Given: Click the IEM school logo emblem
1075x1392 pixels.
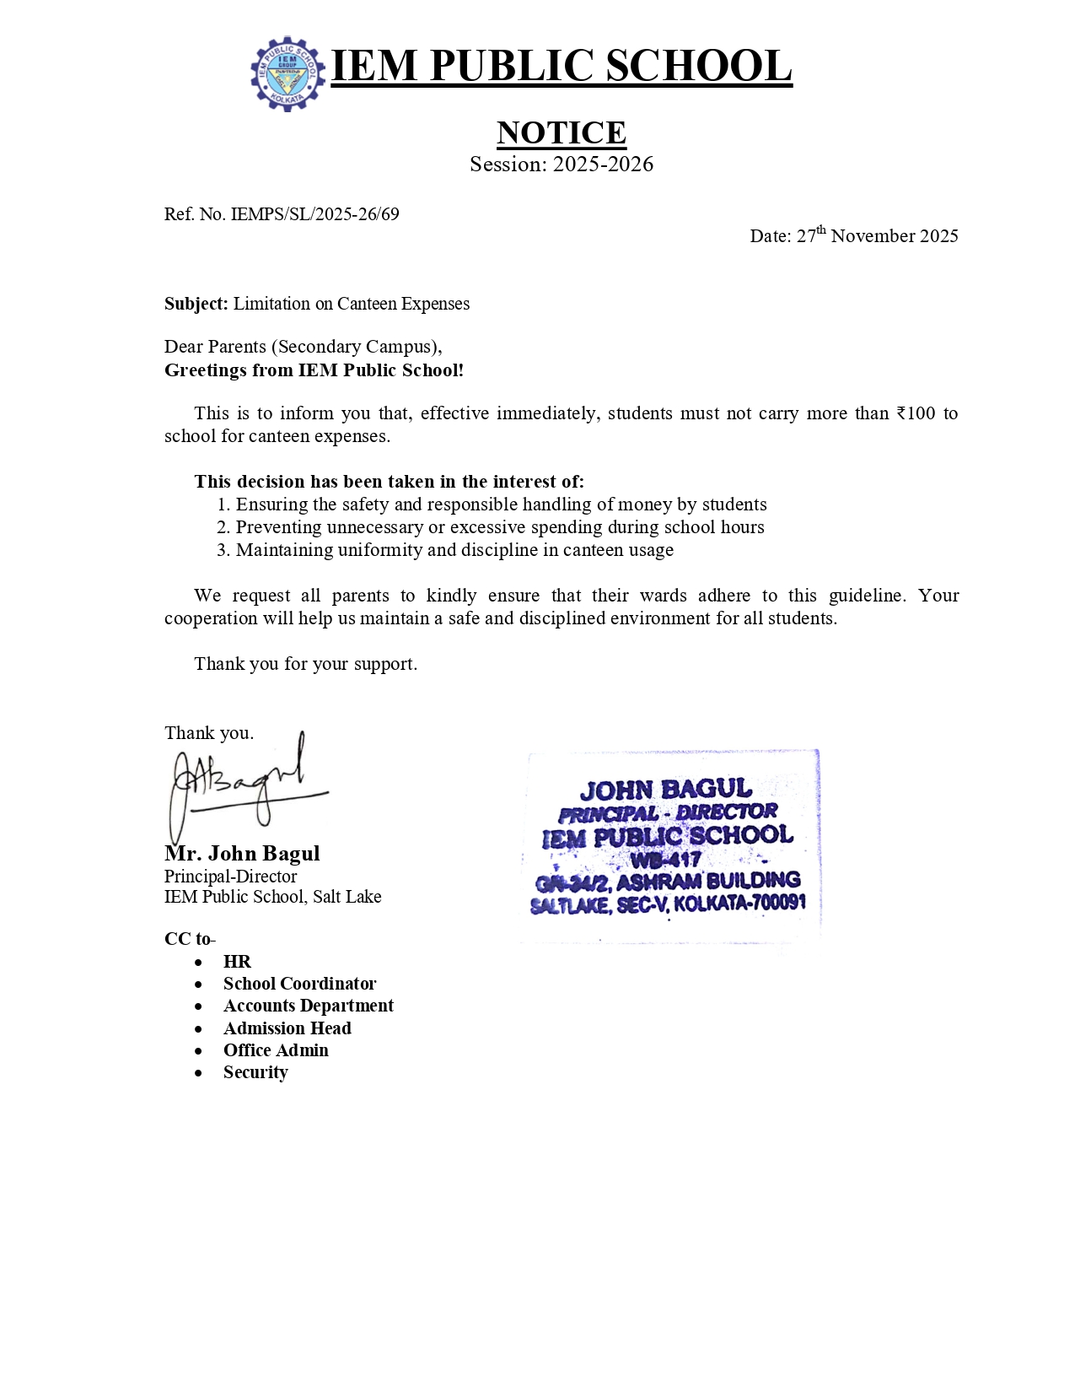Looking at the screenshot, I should click(288, 73).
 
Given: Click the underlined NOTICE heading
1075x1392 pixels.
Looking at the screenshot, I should click(561, 132).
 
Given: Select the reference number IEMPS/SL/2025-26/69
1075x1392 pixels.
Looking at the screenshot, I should click(314, 214).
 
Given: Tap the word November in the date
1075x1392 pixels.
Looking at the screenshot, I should click(873, 236).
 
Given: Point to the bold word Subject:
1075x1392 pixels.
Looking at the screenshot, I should click(196, 304).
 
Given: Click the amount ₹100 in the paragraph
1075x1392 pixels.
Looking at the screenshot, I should click(916, 413).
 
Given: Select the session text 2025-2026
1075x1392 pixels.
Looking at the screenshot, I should click(603, 165).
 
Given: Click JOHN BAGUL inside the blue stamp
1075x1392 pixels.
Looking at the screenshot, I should click(665, 790).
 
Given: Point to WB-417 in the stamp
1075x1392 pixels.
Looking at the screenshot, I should click(665, 861).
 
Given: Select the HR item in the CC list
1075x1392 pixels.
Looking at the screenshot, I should click(237, 962).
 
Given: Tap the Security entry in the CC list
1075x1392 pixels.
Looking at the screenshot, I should click(255, 1072).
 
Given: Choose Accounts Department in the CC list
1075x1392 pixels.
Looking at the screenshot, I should click(308, 1006).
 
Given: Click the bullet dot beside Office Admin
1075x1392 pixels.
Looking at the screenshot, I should click(198, 1051).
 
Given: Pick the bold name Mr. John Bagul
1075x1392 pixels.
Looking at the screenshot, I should click(242, 853).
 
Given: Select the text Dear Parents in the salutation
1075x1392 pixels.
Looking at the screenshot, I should click(215, 347).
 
